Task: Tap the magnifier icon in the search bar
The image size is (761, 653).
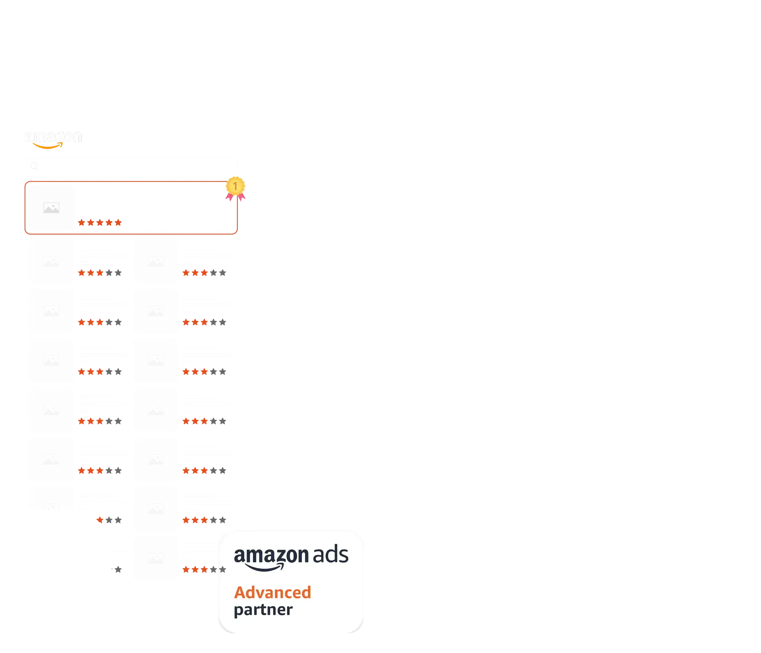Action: click(x=34, y=166)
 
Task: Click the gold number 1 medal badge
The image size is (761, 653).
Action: click(x=235, y=186)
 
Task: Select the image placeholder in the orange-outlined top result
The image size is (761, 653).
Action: click(x=51, y=208)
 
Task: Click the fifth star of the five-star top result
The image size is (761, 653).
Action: click(x=118, y=222)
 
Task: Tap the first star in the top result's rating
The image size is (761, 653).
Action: click(x=81, y=222)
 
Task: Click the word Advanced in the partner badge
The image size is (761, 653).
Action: click(x=272, y=592)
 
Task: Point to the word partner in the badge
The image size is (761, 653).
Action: click(x=263, y=610)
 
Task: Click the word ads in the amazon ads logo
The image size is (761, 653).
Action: click(x=330, y=555)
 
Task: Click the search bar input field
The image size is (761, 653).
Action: click(x=136, y=166)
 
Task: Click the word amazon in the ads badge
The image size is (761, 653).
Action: click(x=271, y=556)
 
